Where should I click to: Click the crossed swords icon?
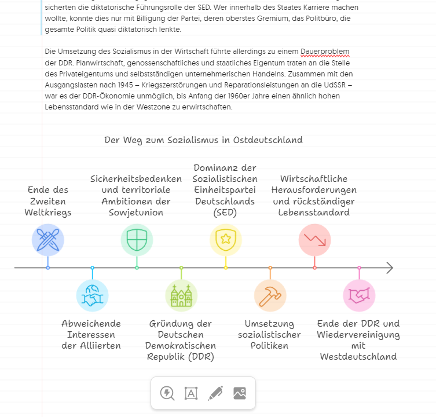[x=47, y=240]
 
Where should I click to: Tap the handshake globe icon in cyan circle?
[x=92, y=295]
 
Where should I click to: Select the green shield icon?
[x=137, y=240]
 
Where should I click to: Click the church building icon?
[x=181, y=295]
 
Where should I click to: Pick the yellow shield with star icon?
[x=225, y=240]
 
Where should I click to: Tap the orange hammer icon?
[x=270, y=295]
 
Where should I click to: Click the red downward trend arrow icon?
[x=314, y=240]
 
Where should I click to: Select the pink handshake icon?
[x=359, y=295]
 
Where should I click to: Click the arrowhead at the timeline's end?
[x=390, y=268]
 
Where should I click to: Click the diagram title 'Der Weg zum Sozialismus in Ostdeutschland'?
[x=203, y=140]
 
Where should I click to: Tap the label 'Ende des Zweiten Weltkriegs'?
[x=47, y=201]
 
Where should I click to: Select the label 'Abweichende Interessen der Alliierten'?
[x=91, y=334]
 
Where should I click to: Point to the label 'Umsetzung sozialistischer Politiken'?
[x=269, y=334]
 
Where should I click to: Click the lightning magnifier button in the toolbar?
[x=167, y=393]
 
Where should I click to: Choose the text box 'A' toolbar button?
[x=191, y=393]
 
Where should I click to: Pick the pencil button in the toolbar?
[x=215, y=393]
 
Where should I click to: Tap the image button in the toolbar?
[x=240, y=393]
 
